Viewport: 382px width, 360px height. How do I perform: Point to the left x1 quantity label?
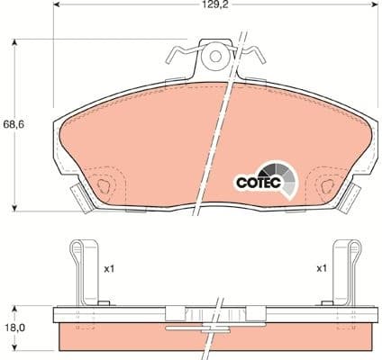(x=110, y=268)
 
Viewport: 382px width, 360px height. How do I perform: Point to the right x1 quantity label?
(x=320, y=268)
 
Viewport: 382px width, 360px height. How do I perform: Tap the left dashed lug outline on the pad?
(x=106, y=185)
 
